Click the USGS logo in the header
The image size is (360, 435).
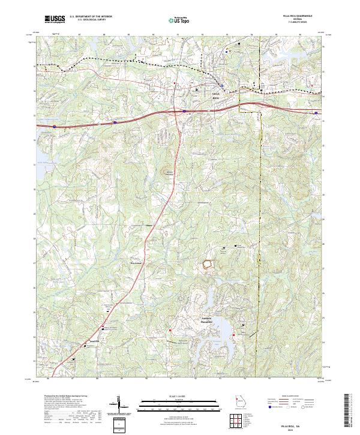(x=55, y=19)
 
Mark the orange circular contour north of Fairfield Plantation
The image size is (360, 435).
(x=208, y=263)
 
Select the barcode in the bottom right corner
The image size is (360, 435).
(x=349, y=413)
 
